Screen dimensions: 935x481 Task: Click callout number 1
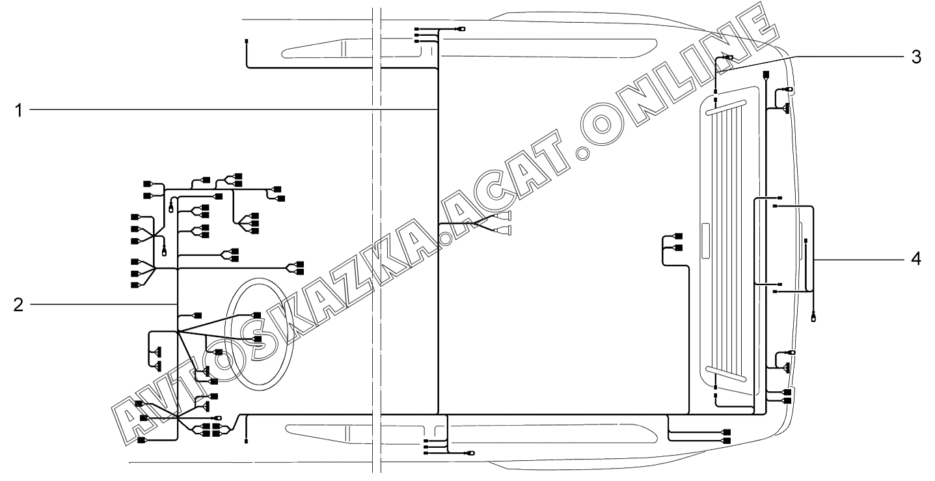[18, 111]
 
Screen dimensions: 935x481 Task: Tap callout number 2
[18, 305]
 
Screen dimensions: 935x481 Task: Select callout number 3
[915, 57]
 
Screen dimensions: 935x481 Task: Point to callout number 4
[915, 259]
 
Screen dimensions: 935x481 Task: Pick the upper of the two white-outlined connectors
[502, 216]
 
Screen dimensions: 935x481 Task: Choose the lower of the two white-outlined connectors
[502, 230]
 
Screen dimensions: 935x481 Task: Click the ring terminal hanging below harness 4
[813, 318]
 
